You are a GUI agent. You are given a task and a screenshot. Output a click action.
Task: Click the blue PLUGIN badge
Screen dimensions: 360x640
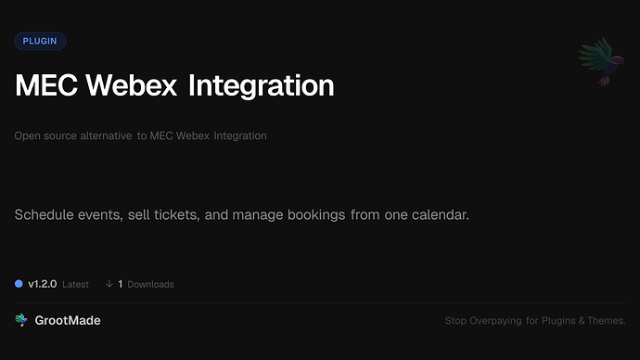(40, 41)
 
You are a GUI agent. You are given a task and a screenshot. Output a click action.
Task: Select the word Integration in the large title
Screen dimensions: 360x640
(261, 86)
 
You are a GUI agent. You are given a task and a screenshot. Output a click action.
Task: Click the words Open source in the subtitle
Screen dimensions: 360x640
(44, 135)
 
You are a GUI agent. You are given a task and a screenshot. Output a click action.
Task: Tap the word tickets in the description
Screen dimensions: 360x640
(182, 215)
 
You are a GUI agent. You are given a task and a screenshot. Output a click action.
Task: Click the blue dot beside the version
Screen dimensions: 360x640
(19, 284)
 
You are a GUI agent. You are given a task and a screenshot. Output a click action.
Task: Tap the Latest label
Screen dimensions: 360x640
(76, 284)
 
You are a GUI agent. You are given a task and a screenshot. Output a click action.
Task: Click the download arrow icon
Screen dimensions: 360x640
(109, 284)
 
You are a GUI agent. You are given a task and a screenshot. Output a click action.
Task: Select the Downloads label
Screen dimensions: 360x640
(150, 284)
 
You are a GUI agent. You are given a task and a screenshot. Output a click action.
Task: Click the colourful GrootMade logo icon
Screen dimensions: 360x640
(21, 320)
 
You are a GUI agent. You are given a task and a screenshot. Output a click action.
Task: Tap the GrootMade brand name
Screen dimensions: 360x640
(68, 320)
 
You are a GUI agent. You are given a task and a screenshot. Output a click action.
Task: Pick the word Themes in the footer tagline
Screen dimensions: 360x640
(608, 321)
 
